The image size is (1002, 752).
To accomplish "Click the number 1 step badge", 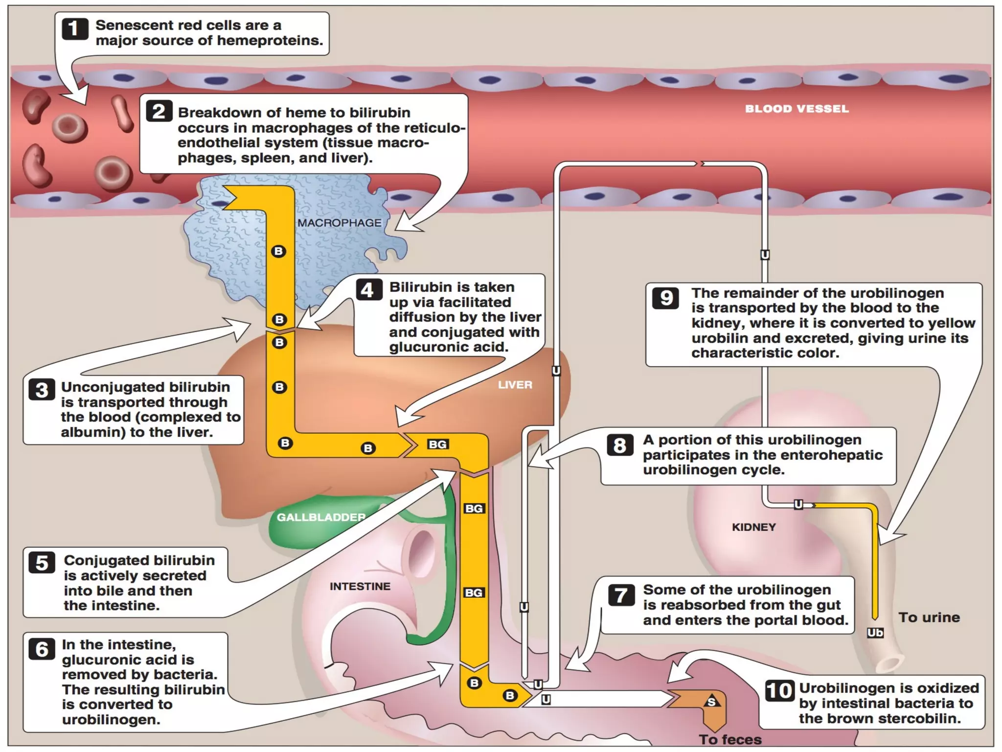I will tap(74, 29).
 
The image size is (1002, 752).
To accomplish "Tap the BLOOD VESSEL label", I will tap(797, 109).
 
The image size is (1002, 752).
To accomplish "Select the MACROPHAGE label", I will tap(339, 223).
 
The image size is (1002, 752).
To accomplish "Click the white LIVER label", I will tap(515, 385).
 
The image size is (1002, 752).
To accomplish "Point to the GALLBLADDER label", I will tap(321, 517).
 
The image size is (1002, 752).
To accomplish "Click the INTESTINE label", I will tap(360, 586).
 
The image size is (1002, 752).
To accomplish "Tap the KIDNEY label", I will tap(753, 527).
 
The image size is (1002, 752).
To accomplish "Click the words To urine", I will tap(929, 617).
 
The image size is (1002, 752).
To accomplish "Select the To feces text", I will tap(729, 739).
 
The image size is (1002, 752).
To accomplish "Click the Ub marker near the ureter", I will tap(875, 633).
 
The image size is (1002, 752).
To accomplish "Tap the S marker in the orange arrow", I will tap(711, 702).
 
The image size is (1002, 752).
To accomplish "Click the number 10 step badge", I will tap(779, 691).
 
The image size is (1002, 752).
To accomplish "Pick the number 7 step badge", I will tap(621, 595).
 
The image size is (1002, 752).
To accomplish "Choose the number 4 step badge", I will tap(368, 290).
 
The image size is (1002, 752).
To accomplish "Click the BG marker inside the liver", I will tap(437, 444).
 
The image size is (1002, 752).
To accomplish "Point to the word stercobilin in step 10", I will tap(919, 718).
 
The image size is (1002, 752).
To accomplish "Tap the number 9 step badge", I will tap(665, 298).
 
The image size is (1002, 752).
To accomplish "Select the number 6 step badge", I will tap(42, 649).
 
